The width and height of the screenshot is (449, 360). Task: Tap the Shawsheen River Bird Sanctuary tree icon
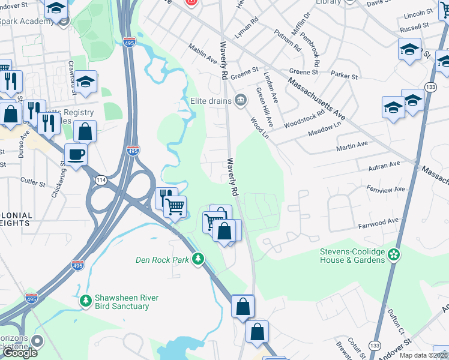tap(86, 299)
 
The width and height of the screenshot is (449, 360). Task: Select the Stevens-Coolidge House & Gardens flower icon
tap(394, 255)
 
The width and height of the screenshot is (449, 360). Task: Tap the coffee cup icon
tap(75, 155)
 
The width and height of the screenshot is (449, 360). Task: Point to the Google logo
tap(20, 353)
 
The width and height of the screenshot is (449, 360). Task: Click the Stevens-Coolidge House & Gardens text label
tap(352, 255)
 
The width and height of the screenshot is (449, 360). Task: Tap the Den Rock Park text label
tap(161, 260)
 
